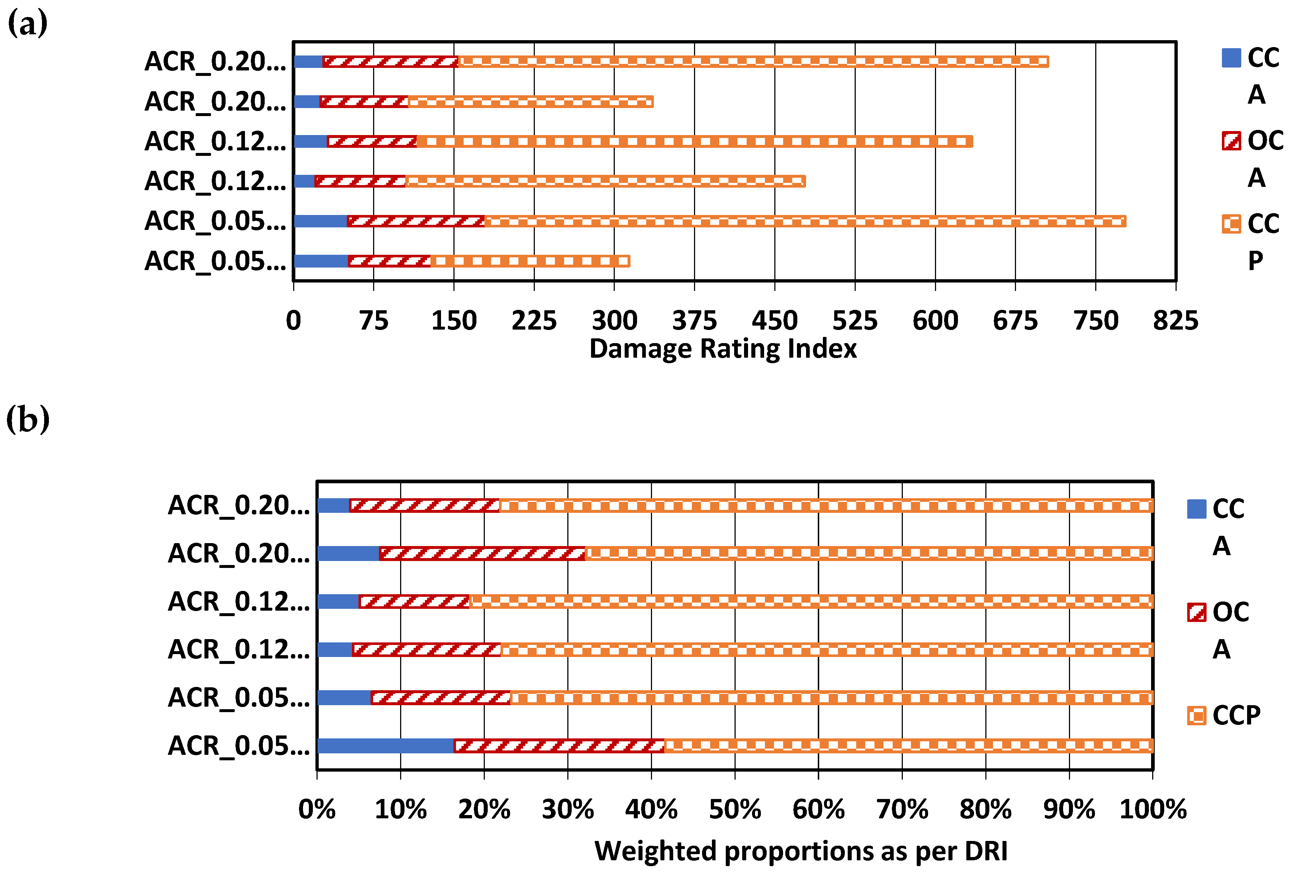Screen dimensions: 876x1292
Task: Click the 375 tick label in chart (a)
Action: (694, 321)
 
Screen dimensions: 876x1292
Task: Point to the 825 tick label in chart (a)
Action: (1175, 321)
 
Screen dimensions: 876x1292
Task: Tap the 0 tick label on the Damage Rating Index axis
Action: (294, 321)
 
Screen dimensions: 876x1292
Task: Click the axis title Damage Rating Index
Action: (723, 349)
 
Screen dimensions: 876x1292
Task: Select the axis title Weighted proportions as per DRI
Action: (801, 851)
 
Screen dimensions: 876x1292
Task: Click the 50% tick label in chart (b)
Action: (735, 809)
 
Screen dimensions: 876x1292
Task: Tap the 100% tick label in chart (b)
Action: (1153, 809)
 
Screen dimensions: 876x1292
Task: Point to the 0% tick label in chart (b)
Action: (317, 809)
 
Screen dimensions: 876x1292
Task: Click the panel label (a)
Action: (27, 23)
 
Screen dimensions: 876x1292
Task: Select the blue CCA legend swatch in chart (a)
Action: (1231, 58)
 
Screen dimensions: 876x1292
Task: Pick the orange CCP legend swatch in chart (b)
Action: (1196, 715)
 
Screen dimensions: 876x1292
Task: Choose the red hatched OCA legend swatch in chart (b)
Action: (1196, 612)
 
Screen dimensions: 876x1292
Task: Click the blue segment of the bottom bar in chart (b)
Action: (385, 745)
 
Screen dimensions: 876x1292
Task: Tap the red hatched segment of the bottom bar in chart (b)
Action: (559, 745)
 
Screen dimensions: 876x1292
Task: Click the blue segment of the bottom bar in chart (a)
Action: (321, 261)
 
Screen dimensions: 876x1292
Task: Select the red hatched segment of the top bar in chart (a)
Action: (390, 62)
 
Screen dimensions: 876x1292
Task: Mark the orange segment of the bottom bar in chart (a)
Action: (530, 261)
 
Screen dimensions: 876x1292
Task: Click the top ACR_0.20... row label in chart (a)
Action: (215, 62)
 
